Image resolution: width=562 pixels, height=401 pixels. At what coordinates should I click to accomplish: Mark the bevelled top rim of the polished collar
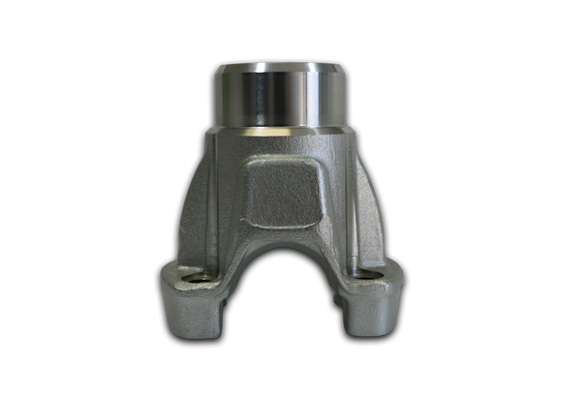point(280,67)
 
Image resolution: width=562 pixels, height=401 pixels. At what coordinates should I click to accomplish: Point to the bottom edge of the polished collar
point(280,127)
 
